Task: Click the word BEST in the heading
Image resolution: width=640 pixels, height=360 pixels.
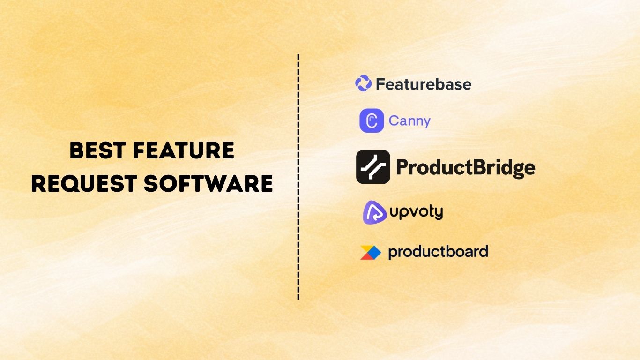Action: [97, 151]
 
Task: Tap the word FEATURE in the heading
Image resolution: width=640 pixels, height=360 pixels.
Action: [183, 151]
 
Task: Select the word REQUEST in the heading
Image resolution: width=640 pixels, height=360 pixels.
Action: [83, 183]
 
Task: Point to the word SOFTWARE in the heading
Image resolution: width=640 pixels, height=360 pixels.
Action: [208, 183]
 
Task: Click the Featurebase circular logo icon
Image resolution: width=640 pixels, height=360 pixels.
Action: [363, 83]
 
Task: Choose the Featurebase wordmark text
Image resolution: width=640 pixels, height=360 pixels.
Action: [424, 84]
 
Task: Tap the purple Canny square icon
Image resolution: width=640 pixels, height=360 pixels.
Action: [372, 120]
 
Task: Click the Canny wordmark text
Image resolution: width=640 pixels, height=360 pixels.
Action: [409, 121]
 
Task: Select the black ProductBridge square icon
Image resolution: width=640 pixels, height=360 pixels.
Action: [373, 167]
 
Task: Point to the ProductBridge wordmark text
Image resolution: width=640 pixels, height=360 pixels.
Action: [466, 167]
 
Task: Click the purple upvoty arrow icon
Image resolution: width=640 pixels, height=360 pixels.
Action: [374, 212]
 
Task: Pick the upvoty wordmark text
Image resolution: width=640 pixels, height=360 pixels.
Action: [416, 212]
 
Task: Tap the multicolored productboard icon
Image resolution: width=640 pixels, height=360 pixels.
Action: [370, 252]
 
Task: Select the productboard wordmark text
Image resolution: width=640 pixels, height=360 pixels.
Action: [438, 252]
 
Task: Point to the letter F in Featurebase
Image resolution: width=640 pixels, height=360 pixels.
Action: [380, 84]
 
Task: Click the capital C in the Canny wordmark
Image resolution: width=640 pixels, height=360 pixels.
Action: [394, 121]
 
